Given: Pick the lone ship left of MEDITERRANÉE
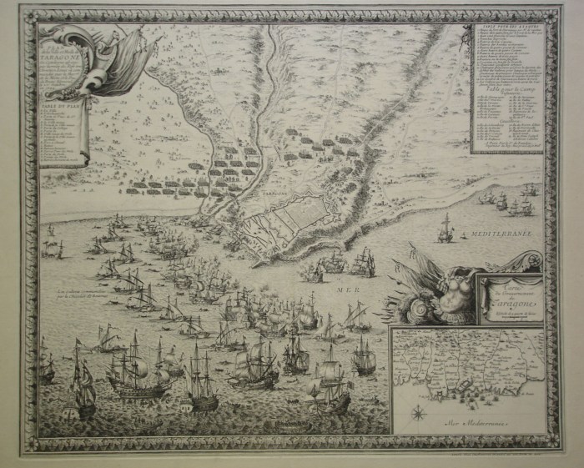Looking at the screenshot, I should [x=446, y=226].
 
